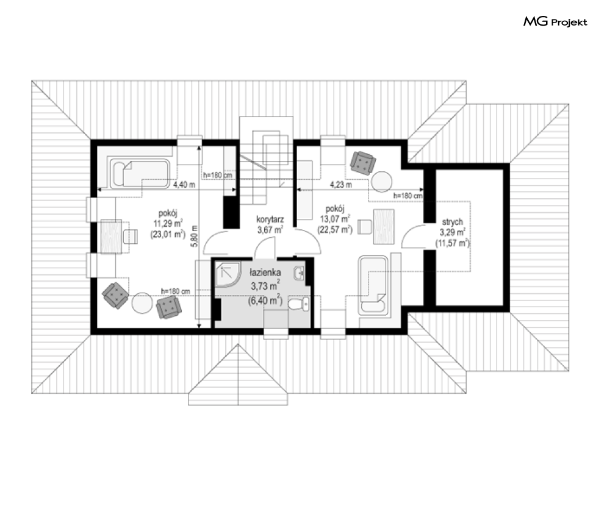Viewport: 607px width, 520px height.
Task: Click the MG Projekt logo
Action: pyautogui.click(x=555, y=22)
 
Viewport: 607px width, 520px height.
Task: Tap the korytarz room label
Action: pyautogui.click(x=270, y=219)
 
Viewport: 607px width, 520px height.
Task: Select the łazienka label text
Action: pyautogui.click(x=265, y=272)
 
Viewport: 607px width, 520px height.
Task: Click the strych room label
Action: pyautogui.click(x=452, y=222)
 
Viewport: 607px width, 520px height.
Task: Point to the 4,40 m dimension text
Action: pyautogui.click(x=184, y=185)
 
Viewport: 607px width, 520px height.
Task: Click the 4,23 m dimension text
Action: pyautogui.click(x=340, y=185)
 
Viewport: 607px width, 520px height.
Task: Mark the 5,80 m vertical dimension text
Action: pyautogui.click(x=195, y=236)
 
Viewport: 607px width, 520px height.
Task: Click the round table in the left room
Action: pyautogui.click(x=142, y=303)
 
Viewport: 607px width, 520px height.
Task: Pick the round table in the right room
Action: pyautogui.click(x=382, y=181)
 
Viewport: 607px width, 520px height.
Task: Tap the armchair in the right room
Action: pyautogui.click(x=363, y=163)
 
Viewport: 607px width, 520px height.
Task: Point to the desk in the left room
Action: pyautogui.click(x=112, y=237)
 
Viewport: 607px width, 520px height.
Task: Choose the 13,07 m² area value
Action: pyautogui.click(x=335, y=219)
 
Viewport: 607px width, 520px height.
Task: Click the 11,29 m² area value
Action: pyautogui.click(x=168, y=223)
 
